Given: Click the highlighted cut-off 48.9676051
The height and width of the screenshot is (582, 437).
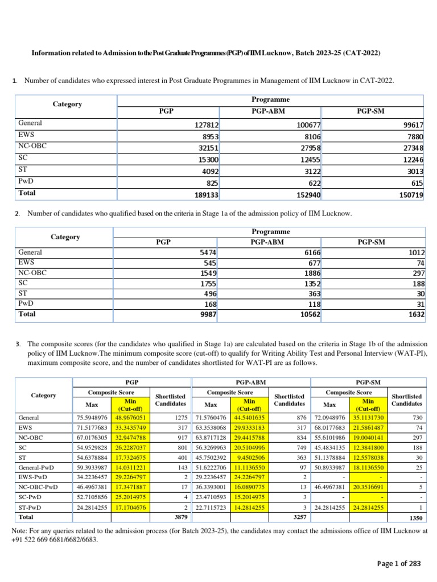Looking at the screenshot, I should coord(132,418).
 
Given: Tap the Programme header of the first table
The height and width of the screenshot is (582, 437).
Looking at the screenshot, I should coord(271,99).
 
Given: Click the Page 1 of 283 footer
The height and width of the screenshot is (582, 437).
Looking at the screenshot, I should coord(399,564).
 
